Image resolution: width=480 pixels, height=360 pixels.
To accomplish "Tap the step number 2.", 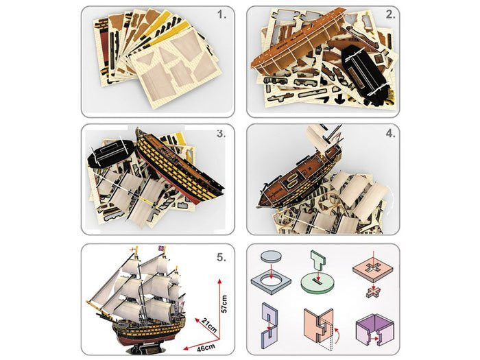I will coord(389,14).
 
